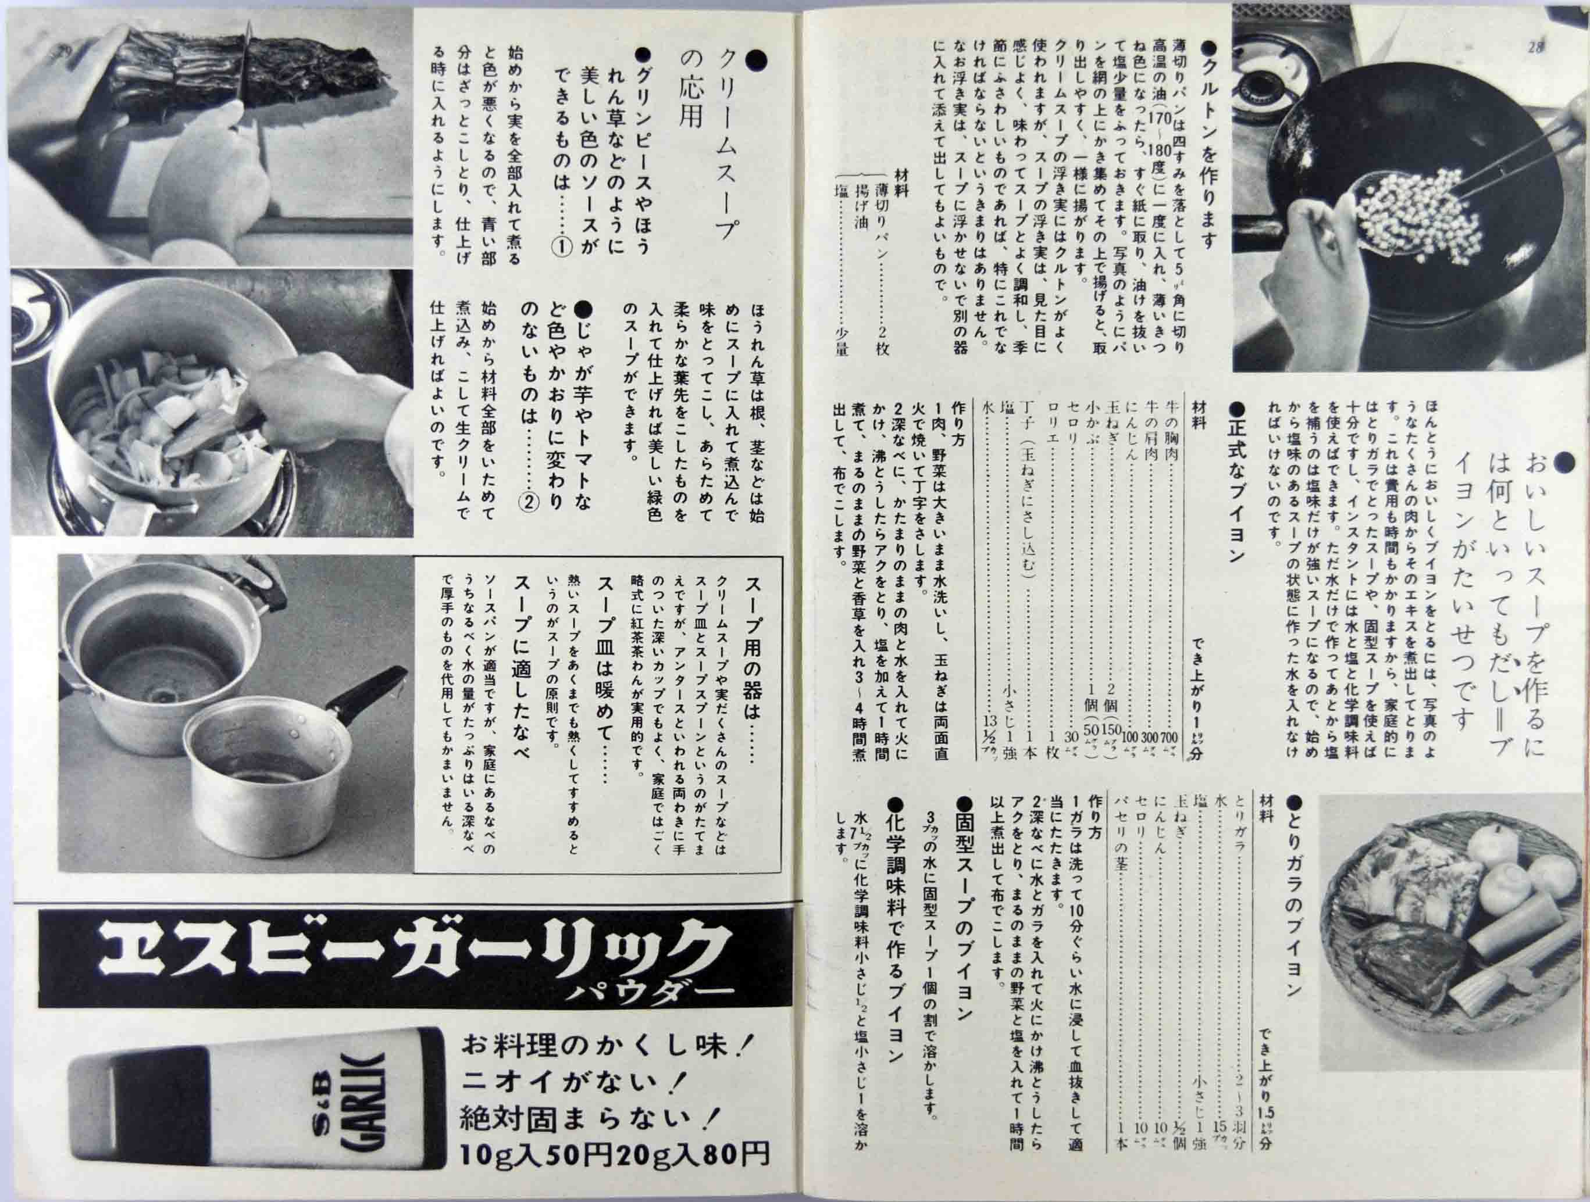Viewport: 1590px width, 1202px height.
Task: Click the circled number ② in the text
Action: pyautogui.click(x=528, y=502)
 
